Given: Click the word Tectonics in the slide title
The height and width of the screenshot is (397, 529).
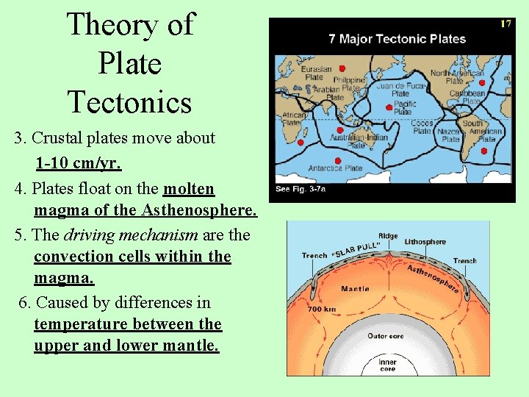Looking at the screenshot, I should pyautogui.click(x=129, y=101).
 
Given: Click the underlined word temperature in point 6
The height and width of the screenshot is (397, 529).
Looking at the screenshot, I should pyautogui.click(x=81, y=324).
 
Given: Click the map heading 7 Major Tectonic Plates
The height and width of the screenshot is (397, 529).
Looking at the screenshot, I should pyautogui.click(x=397, y=38).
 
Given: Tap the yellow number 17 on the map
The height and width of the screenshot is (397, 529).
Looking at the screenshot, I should pyautogui.click(x=505, y=24).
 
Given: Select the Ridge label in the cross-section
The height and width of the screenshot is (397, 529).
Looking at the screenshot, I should pyautogui.click(x=388, y=236).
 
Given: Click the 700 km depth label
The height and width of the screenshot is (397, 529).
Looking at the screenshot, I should pyautogui.click(x=323, y=310).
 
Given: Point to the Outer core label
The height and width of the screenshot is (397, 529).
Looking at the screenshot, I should pyautogui.click(x=385, y=336).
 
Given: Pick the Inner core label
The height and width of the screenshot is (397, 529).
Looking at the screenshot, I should pyautogui.click(x=387, y=365).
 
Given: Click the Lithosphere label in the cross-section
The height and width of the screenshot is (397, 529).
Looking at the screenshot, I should pyautogui.click(x=425, y=241).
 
